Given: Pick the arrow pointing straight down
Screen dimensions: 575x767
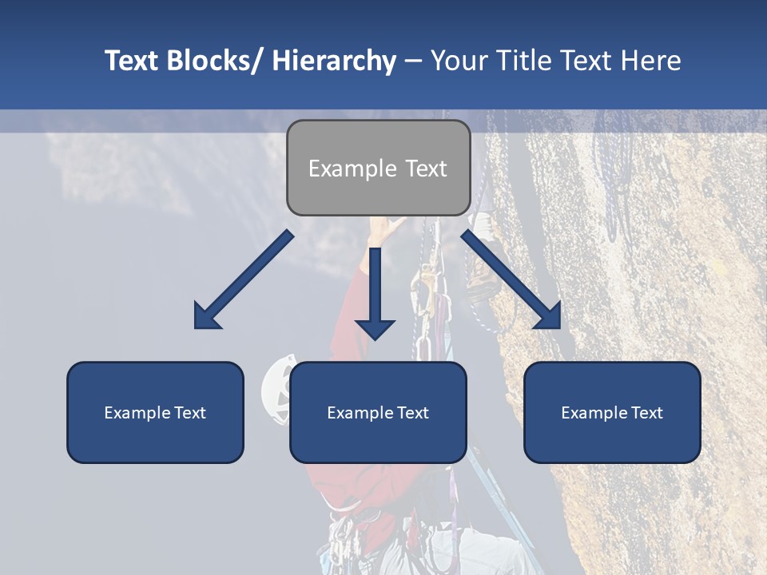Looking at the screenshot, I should [x=375, y=295].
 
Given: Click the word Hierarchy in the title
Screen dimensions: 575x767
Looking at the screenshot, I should [x=334, y=61].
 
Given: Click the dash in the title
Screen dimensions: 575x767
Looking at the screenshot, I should [x=413, y=61].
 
